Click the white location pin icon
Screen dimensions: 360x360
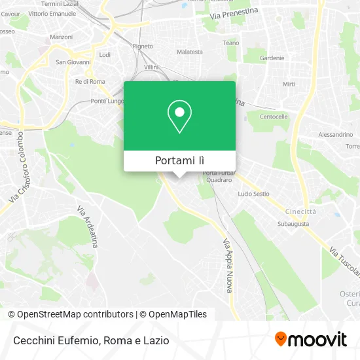tap(179, 117)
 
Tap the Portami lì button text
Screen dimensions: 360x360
tap(179, 160)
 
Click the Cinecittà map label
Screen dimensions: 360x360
tap(300, 211)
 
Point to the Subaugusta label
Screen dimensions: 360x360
tap(293, 224)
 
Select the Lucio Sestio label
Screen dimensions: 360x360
tap(253, 194)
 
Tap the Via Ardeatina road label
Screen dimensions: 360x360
tap(88, 226)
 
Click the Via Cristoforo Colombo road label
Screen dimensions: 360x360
tap(20, 170)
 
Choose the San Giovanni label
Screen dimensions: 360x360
tap(71, 62)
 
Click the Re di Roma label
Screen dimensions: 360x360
tap(90, 81)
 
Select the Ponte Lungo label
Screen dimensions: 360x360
tap(107, 101)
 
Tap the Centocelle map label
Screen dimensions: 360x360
tap(274, 117)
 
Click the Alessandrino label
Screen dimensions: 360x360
tap(335, 134)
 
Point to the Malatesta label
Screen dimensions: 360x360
tap(190, 51)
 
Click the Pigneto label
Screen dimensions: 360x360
tap(142, 46)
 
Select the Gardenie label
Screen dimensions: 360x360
tap(272, 58)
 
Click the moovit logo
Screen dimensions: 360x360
tap(311, 339)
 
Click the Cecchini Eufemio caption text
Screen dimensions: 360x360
tap(54, 340)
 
